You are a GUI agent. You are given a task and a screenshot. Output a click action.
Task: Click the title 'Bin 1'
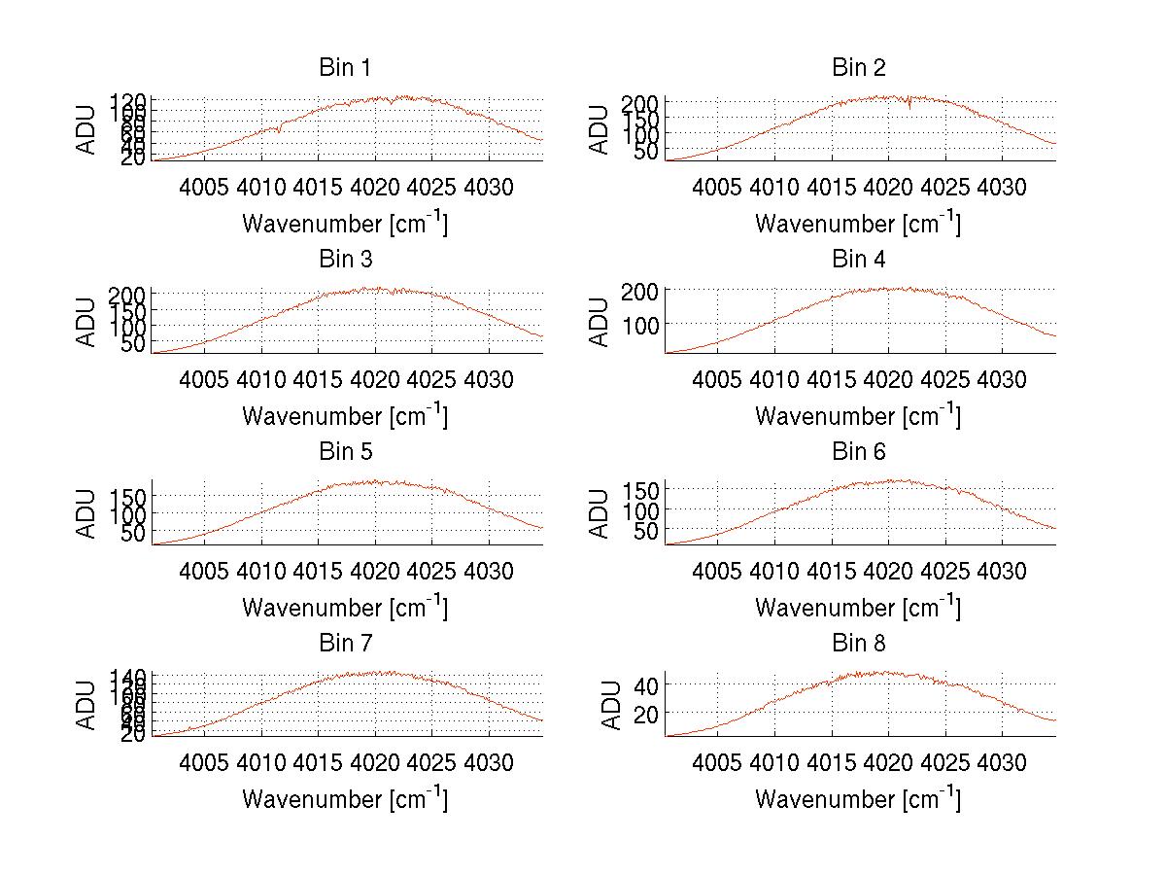pos(344,68)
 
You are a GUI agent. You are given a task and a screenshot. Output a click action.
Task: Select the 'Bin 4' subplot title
pos(859,260)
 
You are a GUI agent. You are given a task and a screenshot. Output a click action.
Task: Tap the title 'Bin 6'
pos(859,451)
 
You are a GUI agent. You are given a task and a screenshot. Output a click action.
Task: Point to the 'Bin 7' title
pos(344,643)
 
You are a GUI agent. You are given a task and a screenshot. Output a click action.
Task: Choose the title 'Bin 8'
pos(859,643)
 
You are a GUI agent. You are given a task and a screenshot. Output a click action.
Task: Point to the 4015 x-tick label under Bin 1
pos(319,186)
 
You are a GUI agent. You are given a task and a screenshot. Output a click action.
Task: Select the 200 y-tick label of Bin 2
pos(638,103)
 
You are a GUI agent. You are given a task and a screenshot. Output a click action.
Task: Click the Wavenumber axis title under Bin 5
pos(344,608)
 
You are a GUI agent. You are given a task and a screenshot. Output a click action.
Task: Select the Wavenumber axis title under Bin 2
pos(859,224)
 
